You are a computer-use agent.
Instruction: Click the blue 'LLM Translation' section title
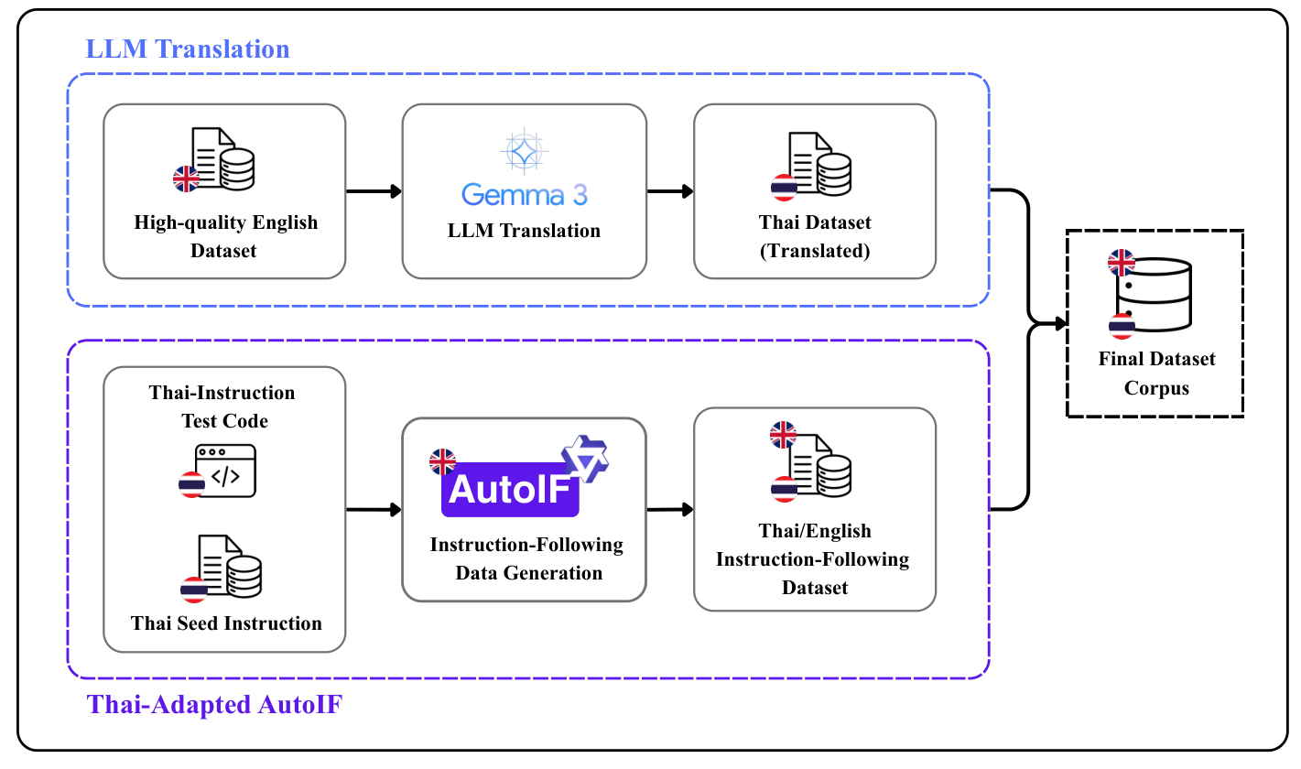(x=188, y=49)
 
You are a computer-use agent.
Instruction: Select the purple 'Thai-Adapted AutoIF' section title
(x=214, y=705)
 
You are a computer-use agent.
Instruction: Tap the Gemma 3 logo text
(x=524, y=194)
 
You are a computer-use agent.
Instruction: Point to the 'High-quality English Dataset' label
(x=225, y=235)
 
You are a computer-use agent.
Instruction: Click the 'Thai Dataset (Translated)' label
(x=815, y=235)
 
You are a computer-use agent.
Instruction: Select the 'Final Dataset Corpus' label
(x=1156, y=373)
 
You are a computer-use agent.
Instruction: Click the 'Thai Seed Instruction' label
(x=226, y=623)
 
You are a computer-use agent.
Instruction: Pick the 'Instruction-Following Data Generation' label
(x=526, y=558)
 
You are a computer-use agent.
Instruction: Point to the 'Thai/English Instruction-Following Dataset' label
(x=813, y=558)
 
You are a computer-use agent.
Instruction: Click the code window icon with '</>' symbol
(x=225, y=471)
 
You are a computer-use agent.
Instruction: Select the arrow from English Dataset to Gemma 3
(x=374, y=191)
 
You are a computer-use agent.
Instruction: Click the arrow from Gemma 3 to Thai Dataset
(x=669, y=191)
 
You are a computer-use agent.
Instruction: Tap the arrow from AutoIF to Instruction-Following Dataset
(x=669, y=509)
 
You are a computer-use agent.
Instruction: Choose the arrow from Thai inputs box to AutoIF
(x=374, y=509)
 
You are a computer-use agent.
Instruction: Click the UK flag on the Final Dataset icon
(x=1121, y=263)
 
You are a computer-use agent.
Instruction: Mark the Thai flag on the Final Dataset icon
(x=1122, y=326)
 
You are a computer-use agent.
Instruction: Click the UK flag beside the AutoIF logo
(x=442, y=461)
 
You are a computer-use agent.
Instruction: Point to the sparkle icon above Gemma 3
(x=524, y=151)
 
